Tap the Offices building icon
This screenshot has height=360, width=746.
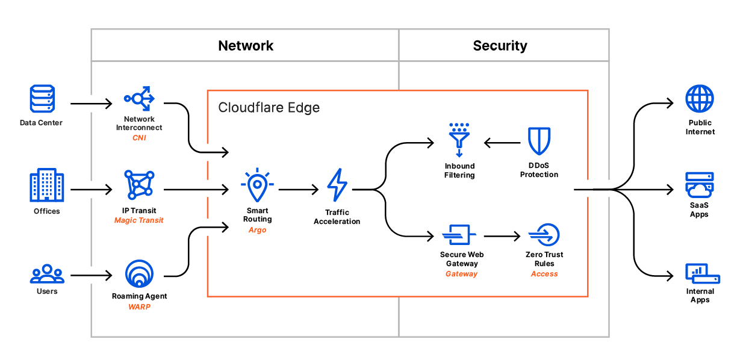click(x=46, y=185)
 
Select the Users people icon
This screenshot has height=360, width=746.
click(x=46, y=274)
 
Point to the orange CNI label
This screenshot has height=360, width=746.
click(x=139, y=138)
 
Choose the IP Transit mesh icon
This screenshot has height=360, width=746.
click(x=139, y=185)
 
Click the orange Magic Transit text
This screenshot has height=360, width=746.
click(x=139, y=220)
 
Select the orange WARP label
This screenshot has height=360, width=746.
click(x=139, y=306)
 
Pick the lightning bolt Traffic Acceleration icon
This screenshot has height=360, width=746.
click(x=337, y=185)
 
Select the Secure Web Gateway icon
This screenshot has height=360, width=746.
click(x=459, y=235)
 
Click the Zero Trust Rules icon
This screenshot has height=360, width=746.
click(x=544, y=235)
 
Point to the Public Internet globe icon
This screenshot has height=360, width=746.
click(x=700, y=99)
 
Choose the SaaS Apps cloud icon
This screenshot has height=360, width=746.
click(x=700, y=185)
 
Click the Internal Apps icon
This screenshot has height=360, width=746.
click(x=702, y=274)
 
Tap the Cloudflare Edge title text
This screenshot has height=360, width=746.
click(x=269, y=108)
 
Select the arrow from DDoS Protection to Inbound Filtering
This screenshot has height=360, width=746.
click(x=502, y=143)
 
